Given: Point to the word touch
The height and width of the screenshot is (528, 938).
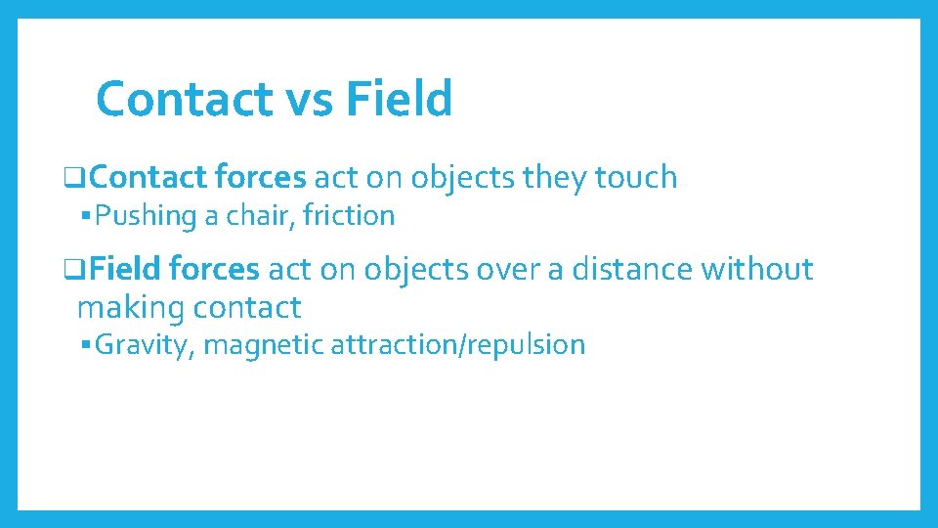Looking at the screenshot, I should tap(635, 177).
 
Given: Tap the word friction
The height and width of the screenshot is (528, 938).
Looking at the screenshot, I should tap(349, 216).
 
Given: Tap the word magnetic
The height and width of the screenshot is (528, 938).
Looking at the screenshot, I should tap(263, 345).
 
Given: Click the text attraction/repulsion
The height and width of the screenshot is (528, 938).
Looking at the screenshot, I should tap(457, 345).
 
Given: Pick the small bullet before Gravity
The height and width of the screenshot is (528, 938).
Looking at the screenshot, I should tap(87, 345).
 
